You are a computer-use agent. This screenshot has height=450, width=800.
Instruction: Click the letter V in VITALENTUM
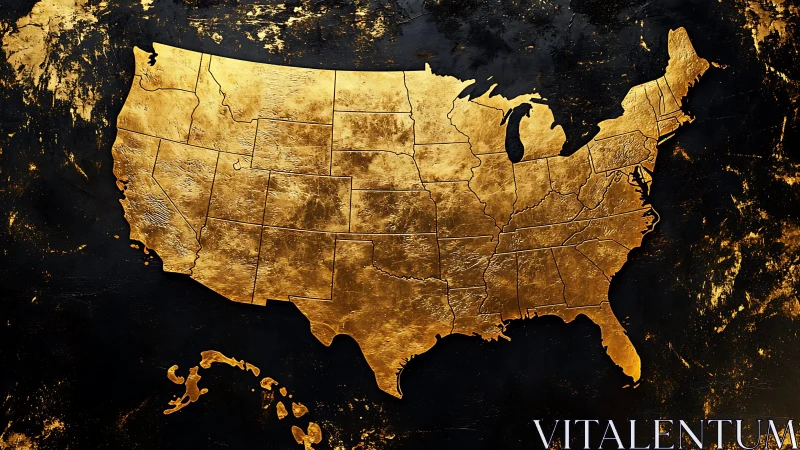546,434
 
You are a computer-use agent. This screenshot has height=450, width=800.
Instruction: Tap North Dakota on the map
369,90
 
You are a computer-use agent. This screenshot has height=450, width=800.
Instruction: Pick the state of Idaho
215,115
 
